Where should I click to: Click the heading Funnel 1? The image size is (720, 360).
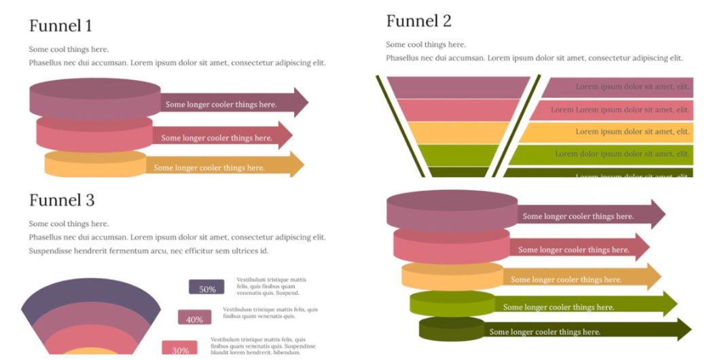(60, 26)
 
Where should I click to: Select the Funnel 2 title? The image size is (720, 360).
(418, 21)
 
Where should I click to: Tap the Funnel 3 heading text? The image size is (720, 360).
(62, 200)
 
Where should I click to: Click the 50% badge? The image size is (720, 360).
(206, 288)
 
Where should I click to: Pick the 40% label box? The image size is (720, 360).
(194, 319)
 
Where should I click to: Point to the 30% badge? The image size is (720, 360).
(180, 349)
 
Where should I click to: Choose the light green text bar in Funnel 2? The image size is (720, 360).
(601, 154)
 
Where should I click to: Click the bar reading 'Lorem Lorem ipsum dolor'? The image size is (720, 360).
(611, 109)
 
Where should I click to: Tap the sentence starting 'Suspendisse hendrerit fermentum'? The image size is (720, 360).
(148, 251)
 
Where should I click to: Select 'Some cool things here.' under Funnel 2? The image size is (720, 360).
(426, 45)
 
